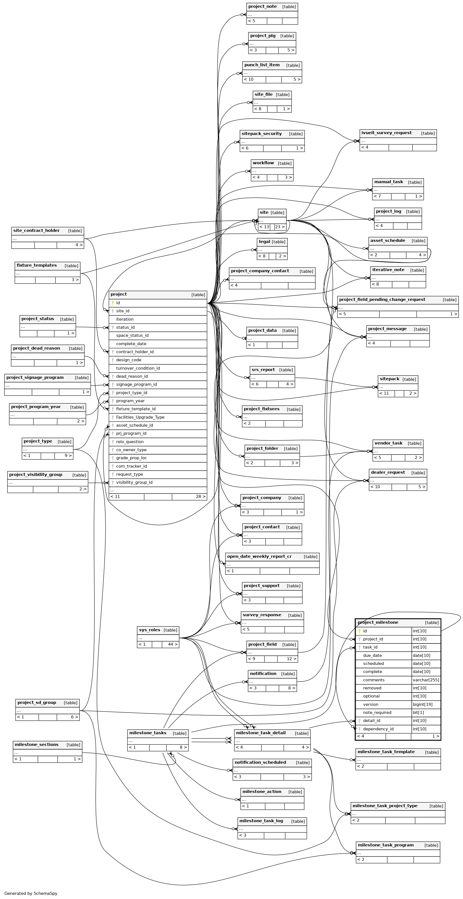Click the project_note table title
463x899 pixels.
coord(262,7)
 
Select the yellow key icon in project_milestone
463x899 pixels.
coord(360,631)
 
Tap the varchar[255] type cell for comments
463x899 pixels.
coord(426,680)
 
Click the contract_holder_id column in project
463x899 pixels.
coord(135,352)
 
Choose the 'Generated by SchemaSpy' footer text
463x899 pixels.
coord(31,893)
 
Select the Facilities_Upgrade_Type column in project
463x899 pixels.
coord(140,417)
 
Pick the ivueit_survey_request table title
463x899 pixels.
coord(386,133)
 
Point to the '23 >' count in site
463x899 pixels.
coord(280,227)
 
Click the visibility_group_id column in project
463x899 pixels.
coord(134,482)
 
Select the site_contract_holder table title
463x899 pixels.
coord(36,231)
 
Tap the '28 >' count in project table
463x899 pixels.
coord(201,497)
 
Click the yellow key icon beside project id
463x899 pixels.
coord(113,303)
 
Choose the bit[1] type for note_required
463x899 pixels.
coord(418,712)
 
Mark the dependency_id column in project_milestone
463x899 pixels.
coord(378,729)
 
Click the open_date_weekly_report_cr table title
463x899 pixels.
coord(259,556)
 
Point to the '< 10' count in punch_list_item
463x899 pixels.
coord(249,79)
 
